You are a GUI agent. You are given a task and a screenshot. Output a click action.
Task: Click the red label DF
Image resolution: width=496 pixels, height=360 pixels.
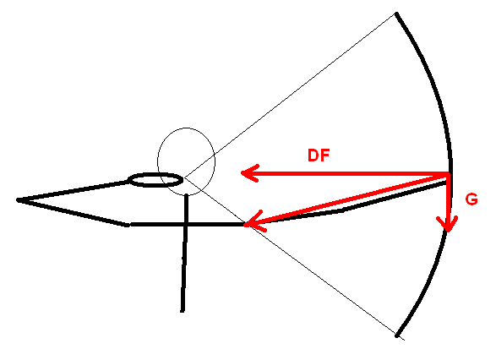coord(319,155)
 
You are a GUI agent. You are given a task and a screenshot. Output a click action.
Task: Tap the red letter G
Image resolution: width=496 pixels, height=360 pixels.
coord(471,199)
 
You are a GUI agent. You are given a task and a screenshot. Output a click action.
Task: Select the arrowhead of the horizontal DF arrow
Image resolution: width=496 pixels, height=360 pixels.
coord(250,173)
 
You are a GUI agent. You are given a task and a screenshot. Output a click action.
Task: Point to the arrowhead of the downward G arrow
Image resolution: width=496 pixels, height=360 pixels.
coord(447,224)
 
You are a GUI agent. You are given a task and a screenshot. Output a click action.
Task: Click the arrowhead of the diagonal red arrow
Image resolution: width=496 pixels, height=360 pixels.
coord(254,221)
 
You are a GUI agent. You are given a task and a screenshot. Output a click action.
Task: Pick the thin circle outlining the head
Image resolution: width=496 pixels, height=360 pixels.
coord(186,128)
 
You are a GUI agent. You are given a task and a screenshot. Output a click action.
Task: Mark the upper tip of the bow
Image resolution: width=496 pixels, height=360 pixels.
coord(396,14)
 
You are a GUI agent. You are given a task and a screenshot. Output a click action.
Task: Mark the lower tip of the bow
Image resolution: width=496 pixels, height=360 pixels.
coord(397,335)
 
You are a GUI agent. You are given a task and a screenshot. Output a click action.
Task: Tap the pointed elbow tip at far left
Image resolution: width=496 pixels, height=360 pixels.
coord(18,200)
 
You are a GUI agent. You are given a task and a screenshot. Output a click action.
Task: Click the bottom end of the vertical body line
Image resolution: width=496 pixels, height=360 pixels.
coord(183,311)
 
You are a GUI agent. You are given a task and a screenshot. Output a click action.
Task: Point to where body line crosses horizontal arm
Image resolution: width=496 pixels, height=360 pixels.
coord(186,224)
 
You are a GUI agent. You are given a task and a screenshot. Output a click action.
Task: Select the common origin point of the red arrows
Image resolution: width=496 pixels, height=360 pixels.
coord(448,174)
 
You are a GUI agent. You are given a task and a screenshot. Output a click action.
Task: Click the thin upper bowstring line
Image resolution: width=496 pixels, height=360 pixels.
coord(291,95)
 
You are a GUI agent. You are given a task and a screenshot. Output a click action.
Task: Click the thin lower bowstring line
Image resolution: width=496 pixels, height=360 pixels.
coord(294,259)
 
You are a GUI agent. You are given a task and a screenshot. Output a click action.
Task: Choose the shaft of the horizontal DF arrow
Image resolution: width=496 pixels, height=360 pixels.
coord(345,173)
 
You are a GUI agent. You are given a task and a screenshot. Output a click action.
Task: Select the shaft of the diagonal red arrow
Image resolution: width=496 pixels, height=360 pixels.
coord(347,199)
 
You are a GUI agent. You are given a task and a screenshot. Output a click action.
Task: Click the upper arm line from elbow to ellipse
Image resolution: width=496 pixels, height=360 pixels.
coord(73,191)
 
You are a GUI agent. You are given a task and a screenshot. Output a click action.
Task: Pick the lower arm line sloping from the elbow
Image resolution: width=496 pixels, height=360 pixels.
coord(73,213)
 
